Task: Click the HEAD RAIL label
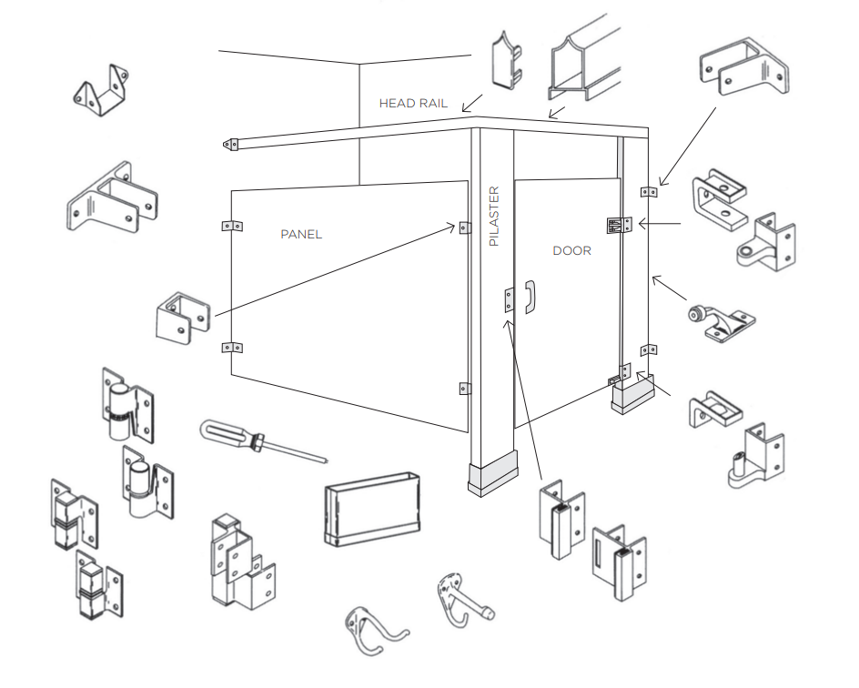[x=413, y=104]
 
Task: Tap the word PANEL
[x=301, y=235]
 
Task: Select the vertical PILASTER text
[x=494, y=217]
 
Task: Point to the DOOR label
[x=571, y=250]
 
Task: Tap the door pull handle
[x=531, y=298]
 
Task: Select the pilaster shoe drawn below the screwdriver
[x=373, y=508]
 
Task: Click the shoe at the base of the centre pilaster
[x=492, y=476]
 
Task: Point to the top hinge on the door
[x=619, y=225]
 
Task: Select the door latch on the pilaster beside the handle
[x=510, y=299]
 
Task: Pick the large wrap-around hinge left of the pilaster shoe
[x=238, y=559]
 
